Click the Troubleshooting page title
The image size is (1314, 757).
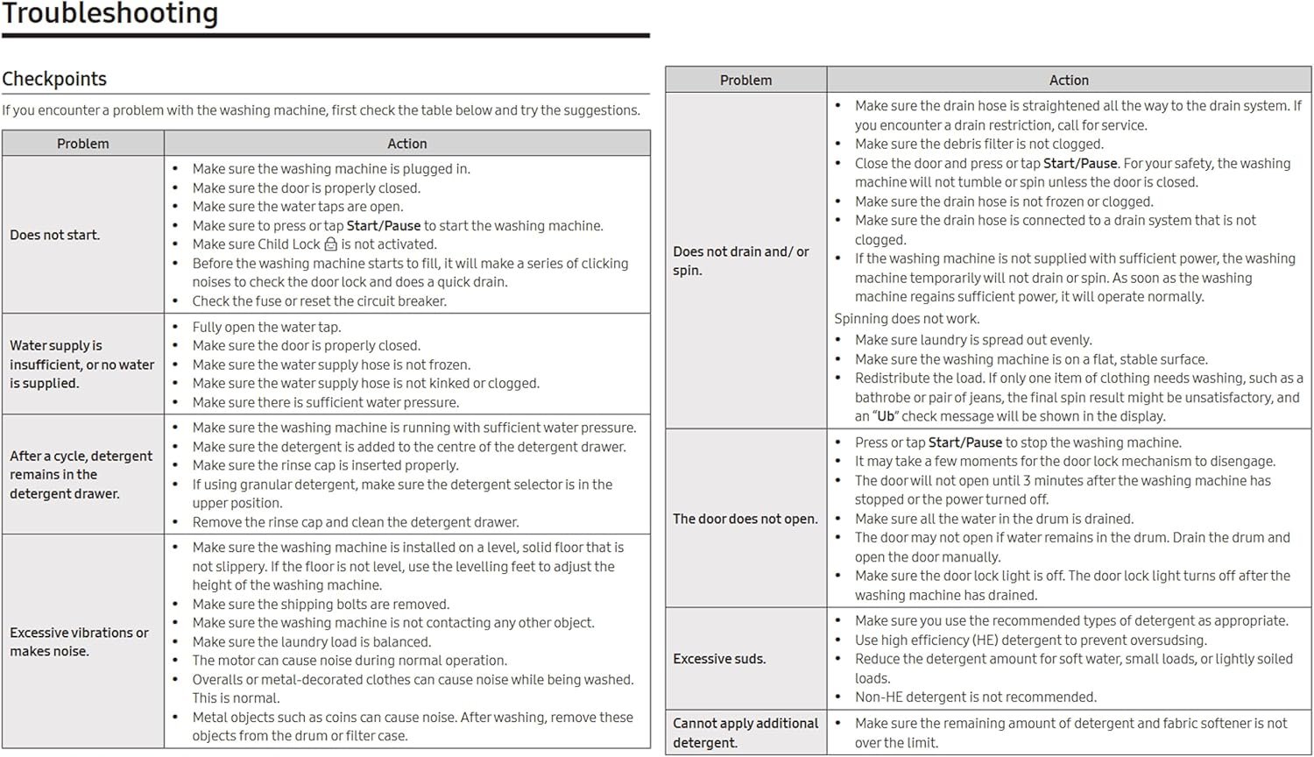[109, 13]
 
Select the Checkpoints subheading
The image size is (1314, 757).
[54, 79]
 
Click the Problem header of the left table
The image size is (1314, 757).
[83, 144]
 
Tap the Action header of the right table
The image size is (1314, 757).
[1069, 81]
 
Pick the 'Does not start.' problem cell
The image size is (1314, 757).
[55, 235]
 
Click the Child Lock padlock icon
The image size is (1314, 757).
[330, 244]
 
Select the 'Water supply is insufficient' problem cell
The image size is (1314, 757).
[82, 364]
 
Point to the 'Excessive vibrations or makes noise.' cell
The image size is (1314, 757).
[79, 641]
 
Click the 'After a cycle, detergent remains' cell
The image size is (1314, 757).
[81, 475]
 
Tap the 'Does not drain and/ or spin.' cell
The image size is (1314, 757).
[741, 261]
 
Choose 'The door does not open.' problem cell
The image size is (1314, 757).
[745, 519]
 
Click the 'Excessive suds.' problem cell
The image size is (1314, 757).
[719, 659]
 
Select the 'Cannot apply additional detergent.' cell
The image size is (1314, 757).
[745, 732]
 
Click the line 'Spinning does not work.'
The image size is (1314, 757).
[907, 319]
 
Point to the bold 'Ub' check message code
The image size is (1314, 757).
[886, 416]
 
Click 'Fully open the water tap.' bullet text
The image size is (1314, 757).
[267, 327]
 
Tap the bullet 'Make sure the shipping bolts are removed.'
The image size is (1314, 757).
[321, 604]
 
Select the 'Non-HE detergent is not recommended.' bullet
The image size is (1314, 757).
[976, 697]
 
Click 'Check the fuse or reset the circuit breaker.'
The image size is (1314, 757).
[320, 301]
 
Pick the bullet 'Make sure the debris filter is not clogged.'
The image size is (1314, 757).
[979, 145]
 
